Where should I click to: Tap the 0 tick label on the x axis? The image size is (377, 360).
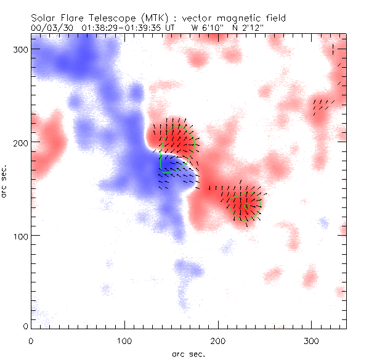click(x=31, y=340)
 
